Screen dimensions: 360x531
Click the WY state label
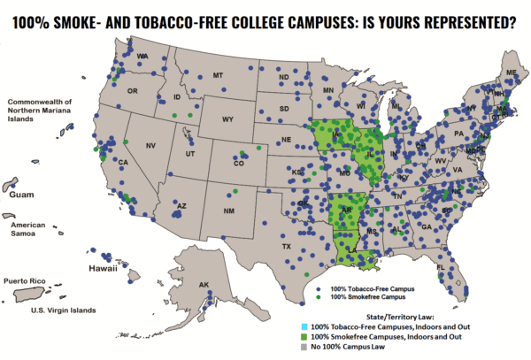click(227, 119)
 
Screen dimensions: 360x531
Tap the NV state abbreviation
click(150, 146)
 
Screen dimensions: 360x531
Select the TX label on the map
click(286, 246)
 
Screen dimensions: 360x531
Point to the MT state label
click(217, 77)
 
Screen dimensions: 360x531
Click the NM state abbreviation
click(228, 211)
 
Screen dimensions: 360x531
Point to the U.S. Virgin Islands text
click(63, 310)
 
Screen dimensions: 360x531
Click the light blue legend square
click(307, 327)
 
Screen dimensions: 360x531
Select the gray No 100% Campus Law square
click(307, 348)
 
